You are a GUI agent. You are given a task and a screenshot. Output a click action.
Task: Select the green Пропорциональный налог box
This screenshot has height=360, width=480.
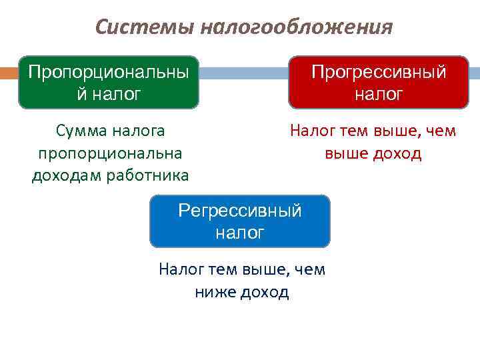tap(108, 83)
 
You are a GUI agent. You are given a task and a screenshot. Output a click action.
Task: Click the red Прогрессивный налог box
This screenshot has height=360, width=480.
tap(378, 83)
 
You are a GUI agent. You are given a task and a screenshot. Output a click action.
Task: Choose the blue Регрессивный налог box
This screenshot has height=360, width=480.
tap(240, 221)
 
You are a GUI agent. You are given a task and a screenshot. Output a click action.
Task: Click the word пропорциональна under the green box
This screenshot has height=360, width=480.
tap(111, 153)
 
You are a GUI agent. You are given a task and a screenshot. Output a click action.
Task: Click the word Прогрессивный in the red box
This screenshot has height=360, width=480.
tap(379, 72)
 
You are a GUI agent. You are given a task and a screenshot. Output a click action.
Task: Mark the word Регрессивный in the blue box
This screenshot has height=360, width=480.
tap(240, 211)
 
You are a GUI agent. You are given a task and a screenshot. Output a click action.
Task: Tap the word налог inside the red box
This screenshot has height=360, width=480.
tap(379, 94)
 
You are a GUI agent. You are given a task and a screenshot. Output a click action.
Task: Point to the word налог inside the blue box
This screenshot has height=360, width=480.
tap(240, 233)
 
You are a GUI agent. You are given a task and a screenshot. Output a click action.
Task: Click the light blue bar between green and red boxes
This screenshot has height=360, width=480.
tap(243, 73)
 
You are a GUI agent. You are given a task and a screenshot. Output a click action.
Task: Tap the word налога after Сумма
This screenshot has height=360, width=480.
tap(141, 131)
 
